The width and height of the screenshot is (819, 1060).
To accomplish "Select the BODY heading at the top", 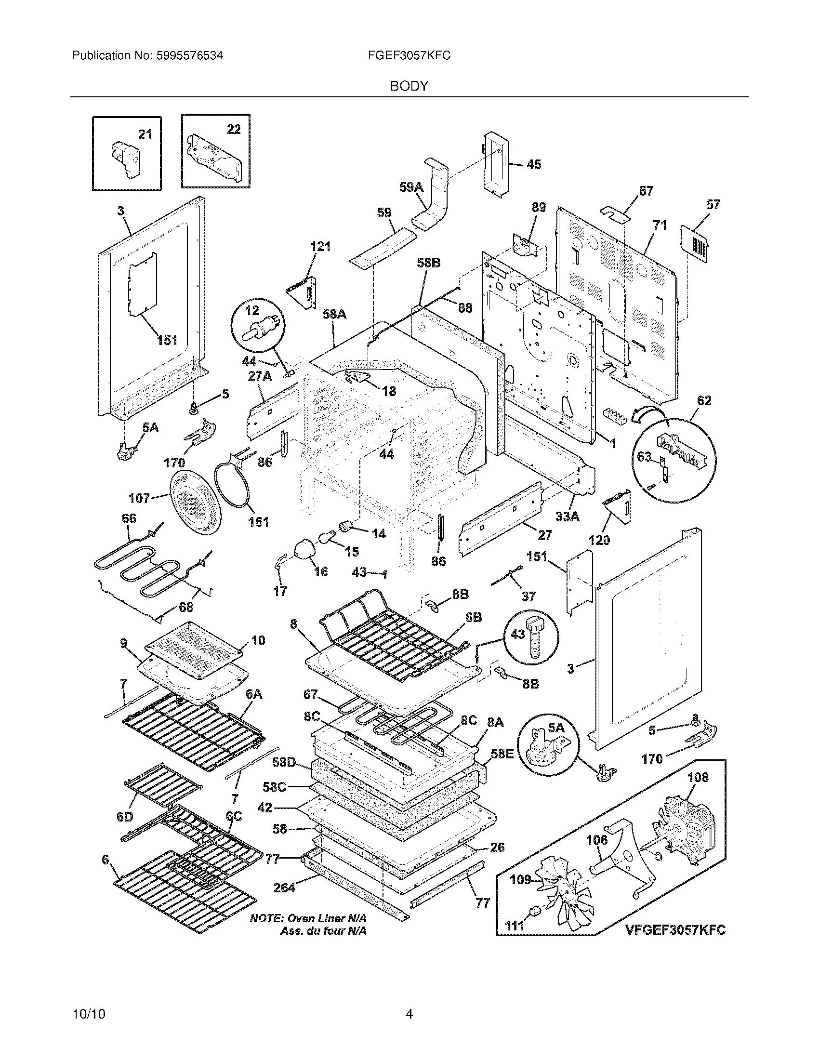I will (409, 86).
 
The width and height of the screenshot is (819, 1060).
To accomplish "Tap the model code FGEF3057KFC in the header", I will (409, 56).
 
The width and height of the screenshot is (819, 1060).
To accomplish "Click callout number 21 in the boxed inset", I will (145, 134).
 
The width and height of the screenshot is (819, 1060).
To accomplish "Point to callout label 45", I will (533, 164).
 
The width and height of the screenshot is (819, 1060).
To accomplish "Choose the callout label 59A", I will (411, 187).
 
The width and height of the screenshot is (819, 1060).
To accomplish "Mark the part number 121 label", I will (320, 247).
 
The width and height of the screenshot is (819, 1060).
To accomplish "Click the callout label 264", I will (284, 887).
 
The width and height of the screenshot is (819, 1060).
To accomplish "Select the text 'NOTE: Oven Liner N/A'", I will (308, 918).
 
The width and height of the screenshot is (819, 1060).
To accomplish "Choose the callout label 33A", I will (567, 517).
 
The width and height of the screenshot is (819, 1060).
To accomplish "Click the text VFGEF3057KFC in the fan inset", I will (675, 929).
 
